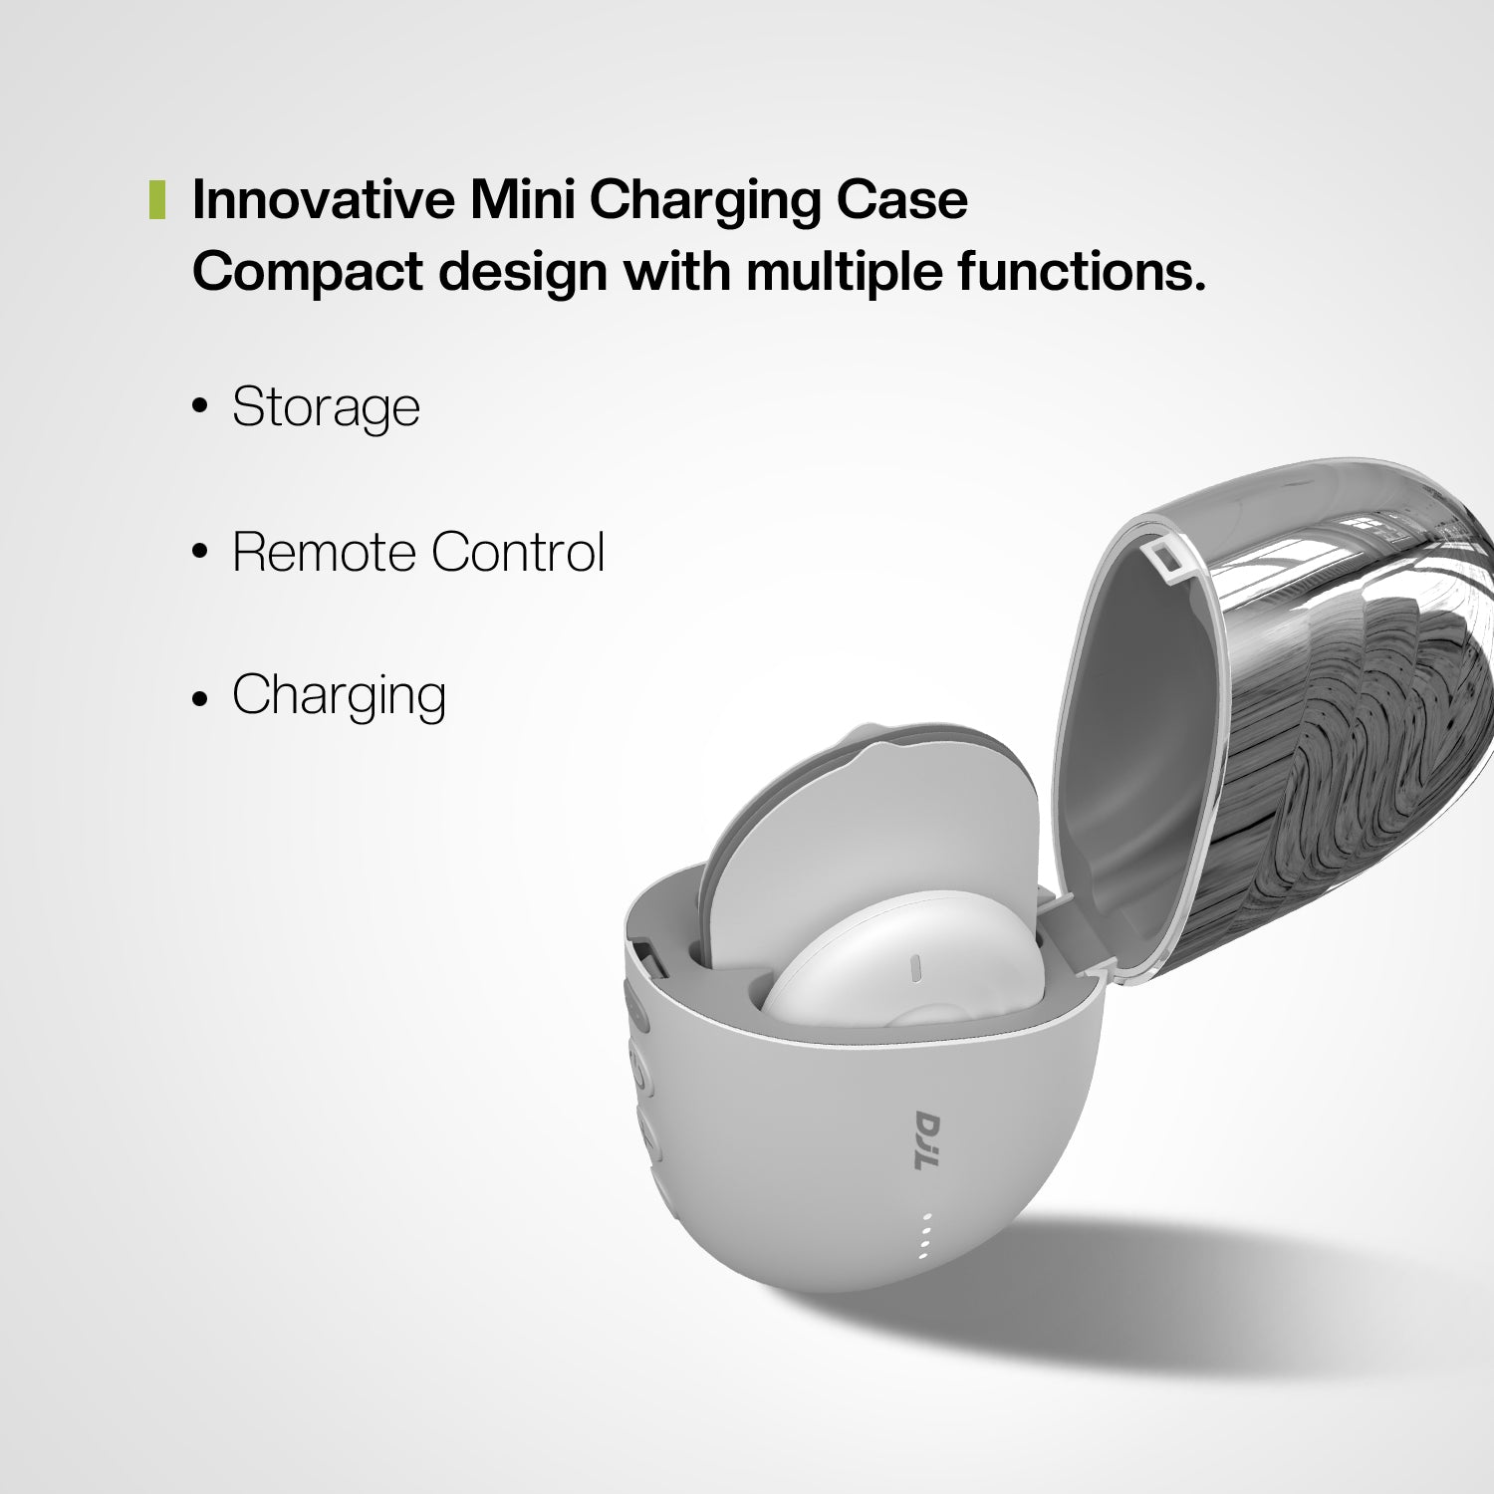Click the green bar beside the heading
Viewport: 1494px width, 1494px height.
point(156,199)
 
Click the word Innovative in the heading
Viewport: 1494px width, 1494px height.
point(321,199)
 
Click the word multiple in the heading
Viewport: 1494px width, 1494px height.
point(844,272)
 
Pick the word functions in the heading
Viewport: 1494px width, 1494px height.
point(1082,272)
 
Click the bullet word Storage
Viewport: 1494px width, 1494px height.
point(326,407)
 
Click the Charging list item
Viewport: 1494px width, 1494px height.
point(339,695)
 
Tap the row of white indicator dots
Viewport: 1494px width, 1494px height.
point(927,1236)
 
